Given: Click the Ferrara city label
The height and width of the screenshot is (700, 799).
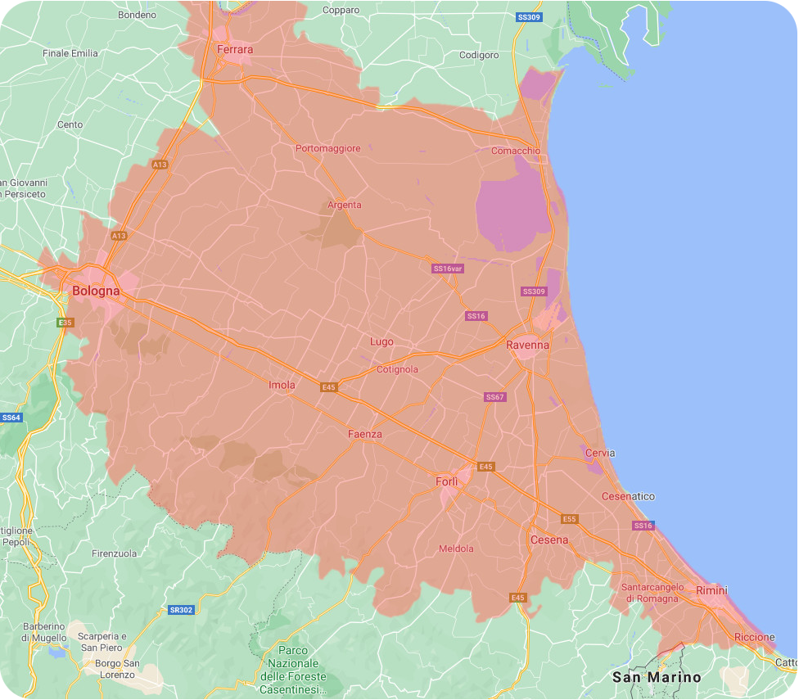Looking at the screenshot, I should pos(235,50).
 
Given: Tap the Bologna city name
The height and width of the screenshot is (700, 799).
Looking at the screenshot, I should pos(96,291).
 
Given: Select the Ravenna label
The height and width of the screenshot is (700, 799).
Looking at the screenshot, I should pos(527,345).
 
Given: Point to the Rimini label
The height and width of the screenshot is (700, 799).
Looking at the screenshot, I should pos(711,590).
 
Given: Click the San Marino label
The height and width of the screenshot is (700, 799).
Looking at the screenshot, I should pos(657,677).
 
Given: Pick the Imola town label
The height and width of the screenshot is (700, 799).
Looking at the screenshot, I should pos(282,385).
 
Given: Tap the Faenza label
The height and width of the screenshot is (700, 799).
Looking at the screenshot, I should pos(364,434).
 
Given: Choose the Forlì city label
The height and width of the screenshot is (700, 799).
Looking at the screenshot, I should pos(447,481).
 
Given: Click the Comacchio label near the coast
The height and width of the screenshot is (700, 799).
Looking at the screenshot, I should pos(515,151).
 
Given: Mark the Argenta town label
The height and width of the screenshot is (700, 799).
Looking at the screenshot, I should pos(344,205).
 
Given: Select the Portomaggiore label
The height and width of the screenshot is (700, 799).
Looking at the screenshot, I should pos(327,148).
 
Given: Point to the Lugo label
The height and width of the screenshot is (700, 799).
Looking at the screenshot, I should pos(381,341).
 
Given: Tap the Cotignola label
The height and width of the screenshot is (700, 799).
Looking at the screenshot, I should pos(397,369).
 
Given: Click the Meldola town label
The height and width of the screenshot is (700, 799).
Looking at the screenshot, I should pos(456,549).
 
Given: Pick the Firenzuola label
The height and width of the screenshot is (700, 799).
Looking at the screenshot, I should pos(115,553).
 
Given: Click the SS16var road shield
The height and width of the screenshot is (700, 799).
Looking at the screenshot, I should pos(448,269).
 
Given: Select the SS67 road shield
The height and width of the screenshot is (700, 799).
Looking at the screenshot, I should pos(495,397).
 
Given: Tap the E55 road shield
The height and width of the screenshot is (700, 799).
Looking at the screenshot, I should pos(570,519).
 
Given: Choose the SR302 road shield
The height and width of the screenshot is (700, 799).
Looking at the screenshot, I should pos(181,610).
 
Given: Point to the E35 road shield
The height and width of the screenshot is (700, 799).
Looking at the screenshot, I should pos(65,323).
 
